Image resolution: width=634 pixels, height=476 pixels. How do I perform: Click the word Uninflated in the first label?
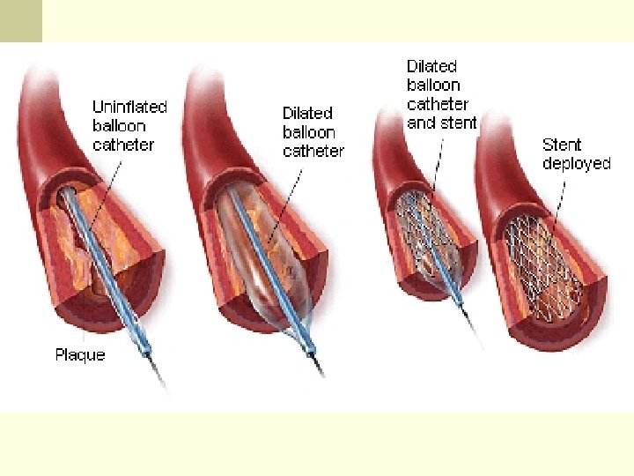pyautogui.click(x=129, y=107)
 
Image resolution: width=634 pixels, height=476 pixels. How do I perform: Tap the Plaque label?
pyautogui.click(x=80, y=354)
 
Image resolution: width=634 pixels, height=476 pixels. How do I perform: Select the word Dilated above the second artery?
pyautogui.click(x=307, y=113)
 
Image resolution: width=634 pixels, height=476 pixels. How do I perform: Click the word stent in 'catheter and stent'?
pyautogui.click(x=456, y=123)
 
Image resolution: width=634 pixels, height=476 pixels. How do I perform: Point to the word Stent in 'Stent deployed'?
pyautogui.click(x=562, y=145)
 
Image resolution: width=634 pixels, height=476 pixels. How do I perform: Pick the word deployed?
pyautogui.click(x=576, y=164)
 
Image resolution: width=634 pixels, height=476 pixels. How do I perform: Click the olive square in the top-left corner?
pyautogui.click(x=20, y=20)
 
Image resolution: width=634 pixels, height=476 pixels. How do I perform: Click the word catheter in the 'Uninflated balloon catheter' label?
pyautogui.click(x=123, y=145)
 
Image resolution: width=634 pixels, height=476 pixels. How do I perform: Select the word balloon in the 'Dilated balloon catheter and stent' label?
pyautogui.click(x=433, y=85)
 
